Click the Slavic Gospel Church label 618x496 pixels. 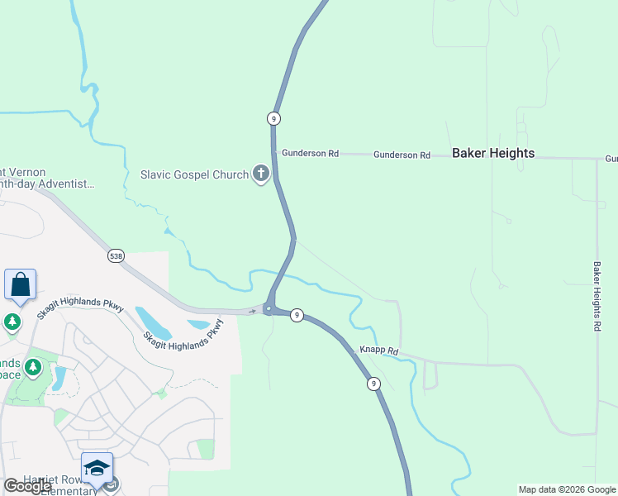[194, 174]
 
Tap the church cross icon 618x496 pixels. [261, 174]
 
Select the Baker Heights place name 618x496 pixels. [493, 153]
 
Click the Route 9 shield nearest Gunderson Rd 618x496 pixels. [273, 118]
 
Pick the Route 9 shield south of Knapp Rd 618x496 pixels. [374, 384]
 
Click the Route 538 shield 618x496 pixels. [116, 256]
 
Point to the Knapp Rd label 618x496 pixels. [378, 351]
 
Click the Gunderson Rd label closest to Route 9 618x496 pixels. [310, 154]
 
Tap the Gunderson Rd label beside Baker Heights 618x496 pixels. [402, 155]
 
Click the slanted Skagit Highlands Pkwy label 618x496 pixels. [183, 335]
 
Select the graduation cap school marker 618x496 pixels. [97, 468]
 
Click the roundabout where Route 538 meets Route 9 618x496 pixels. [269, 309]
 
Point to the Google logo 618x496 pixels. [28, 486]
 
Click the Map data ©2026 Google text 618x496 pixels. [567, 489]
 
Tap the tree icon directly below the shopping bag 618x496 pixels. [12, 321]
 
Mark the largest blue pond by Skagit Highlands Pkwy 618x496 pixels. [152, 323]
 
